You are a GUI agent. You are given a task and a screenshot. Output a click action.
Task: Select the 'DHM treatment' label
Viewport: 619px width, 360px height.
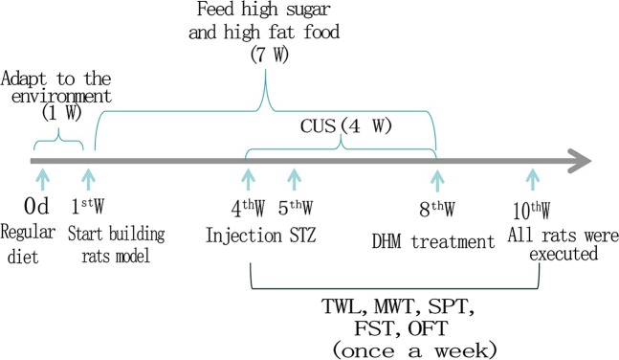(430, 241)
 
